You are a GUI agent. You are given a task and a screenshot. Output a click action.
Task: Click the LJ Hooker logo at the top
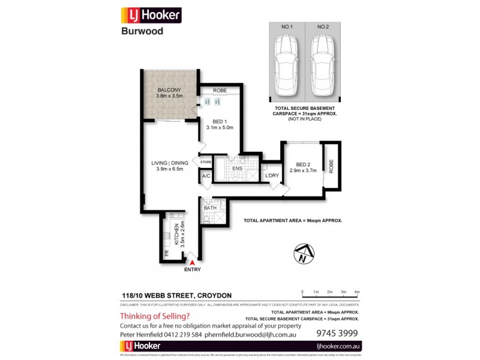[x=151, y=15]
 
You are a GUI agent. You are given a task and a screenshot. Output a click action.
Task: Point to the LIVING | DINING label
[x=170, y=163]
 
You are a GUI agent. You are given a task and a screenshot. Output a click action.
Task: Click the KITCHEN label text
[x=176, y=233]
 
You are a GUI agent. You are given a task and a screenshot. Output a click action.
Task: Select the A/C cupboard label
[x=206, y=176]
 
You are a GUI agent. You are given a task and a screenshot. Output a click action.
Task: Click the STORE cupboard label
[x=206, y=162]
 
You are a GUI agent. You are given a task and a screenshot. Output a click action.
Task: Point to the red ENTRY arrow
[x=192, y=262]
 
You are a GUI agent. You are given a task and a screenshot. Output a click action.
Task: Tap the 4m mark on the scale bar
[x=356, y=292]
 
